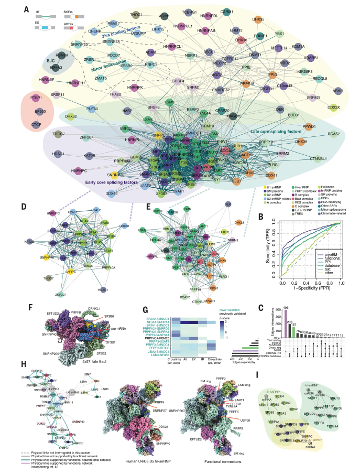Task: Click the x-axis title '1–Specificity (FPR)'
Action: click(311, 290)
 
